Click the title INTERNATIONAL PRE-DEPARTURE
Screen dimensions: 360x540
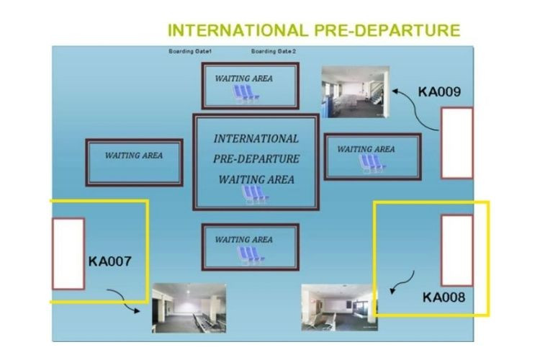point(313,30)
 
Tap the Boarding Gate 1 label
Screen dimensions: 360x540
point(189,52)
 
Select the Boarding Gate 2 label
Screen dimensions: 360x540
point(274,52)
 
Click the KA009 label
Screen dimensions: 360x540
point(439,92)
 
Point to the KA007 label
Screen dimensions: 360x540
point(109,261)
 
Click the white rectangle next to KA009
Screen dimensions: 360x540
point(456,143)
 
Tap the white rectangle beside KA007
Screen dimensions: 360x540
point(68,253)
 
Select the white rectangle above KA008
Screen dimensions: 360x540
point(456,250)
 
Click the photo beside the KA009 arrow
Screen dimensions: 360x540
point(355,91)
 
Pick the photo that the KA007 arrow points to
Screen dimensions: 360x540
point(189,308)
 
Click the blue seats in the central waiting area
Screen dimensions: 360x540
point(255,194)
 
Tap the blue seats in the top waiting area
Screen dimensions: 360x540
point(246,93)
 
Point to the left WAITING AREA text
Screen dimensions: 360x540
point(134,156)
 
